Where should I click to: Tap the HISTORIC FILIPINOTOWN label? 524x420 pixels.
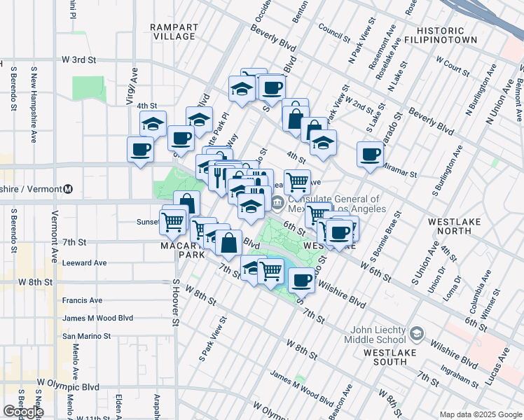[450, 36]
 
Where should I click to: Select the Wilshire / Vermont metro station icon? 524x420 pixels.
[69, 189]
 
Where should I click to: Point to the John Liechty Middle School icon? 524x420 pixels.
[418, 333]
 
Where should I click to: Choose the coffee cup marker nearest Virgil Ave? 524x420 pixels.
[140, 149]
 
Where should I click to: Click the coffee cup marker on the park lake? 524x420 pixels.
[301, 279]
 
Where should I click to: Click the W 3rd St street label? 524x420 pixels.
[78, 60]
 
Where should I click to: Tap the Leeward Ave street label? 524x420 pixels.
[84, 262]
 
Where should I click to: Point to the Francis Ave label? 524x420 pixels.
[82, 300]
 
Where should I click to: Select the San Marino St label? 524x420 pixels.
[87, 336]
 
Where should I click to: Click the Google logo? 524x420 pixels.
[23, 412]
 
